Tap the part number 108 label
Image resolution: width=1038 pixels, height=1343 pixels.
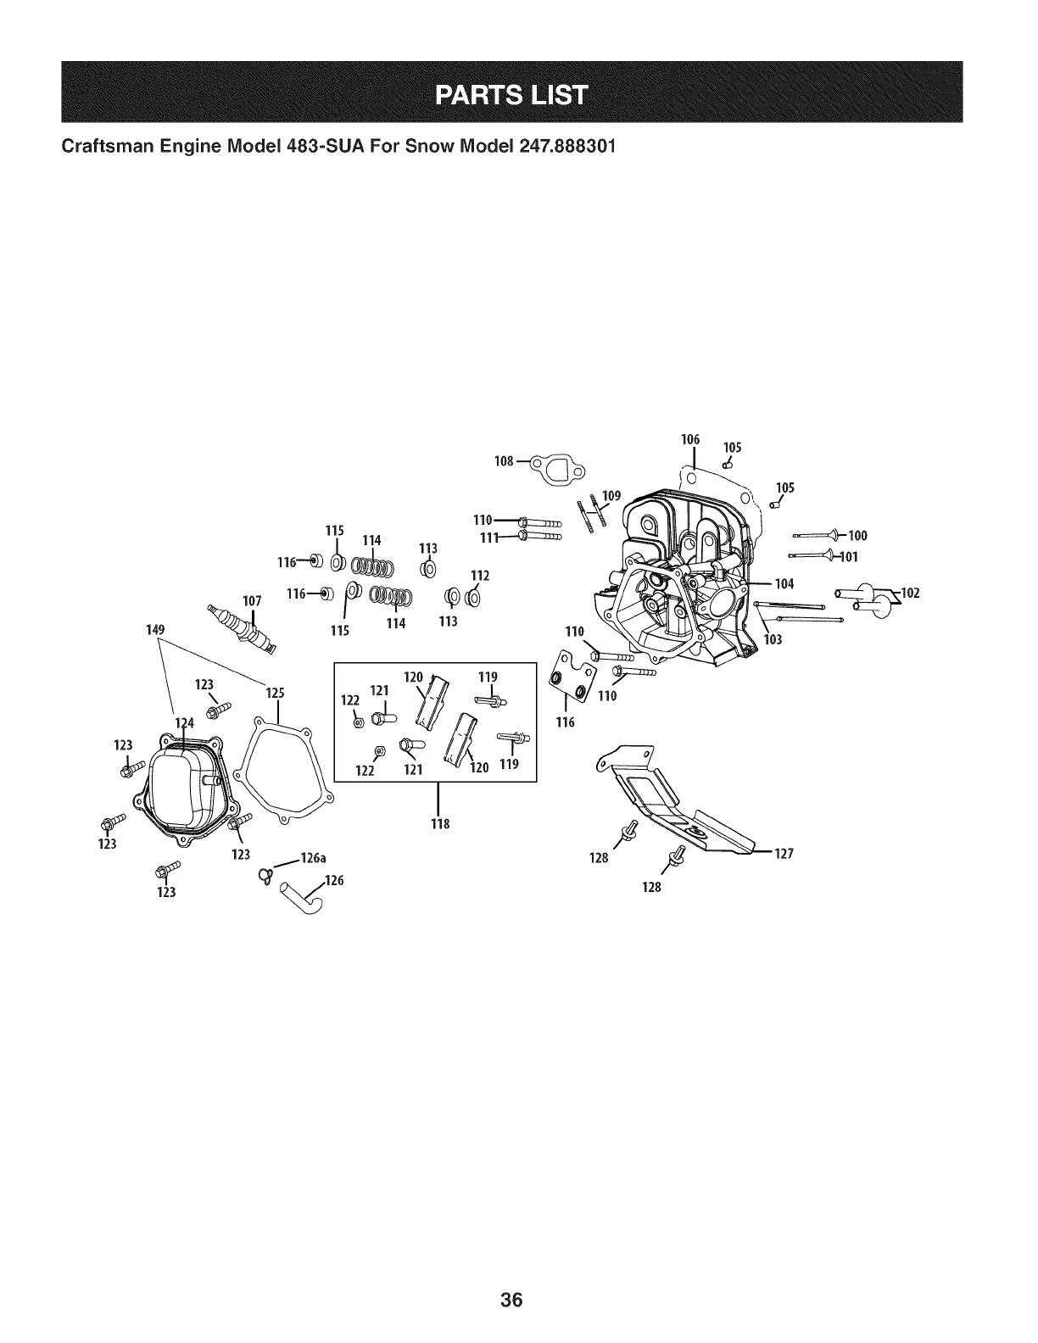(x=504, y=461)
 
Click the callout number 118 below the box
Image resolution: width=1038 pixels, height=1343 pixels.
(x=438, y=824)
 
